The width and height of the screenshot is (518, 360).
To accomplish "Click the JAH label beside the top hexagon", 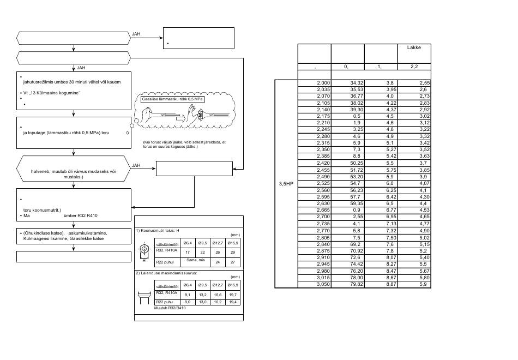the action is point(136,34).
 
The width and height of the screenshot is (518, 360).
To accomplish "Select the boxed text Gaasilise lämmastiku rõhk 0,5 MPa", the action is point(172,99).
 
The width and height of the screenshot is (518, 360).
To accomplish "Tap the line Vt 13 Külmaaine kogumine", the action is point(52,93).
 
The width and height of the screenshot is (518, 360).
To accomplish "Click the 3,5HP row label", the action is point(286,184).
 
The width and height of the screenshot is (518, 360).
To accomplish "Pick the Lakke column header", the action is point(414,47).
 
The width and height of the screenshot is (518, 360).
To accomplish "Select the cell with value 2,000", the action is point(323,83).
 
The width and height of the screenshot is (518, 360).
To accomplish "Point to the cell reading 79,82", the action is point(357,284).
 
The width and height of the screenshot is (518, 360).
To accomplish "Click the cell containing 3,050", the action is point(323,284).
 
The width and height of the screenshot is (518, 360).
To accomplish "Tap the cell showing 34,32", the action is point(357,83).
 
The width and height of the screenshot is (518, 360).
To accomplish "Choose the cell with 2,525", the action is point(323,183).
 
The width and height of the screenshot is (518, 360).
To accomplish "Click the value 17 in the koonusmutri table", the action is point(188,252).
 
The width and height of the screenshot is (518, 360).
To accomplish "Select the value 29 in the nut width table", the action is point(233,252).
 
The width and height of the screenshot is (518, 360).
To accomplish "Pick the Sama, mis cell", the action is point(196,260).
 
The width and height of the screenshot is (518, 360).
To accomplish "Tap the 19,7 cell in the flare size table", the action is point(233,295).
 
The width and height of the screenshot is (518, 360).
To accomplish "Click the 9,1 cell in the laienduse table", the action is point(188,295).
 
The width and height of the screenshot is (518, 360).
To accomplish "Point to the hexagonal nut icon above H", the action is point(144,249).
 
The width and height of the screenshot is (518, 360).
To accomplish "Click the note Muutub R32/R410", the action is point(170,308).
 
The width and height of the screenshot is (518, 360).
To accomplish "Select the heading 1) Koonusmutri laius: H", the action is point(158,230).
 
